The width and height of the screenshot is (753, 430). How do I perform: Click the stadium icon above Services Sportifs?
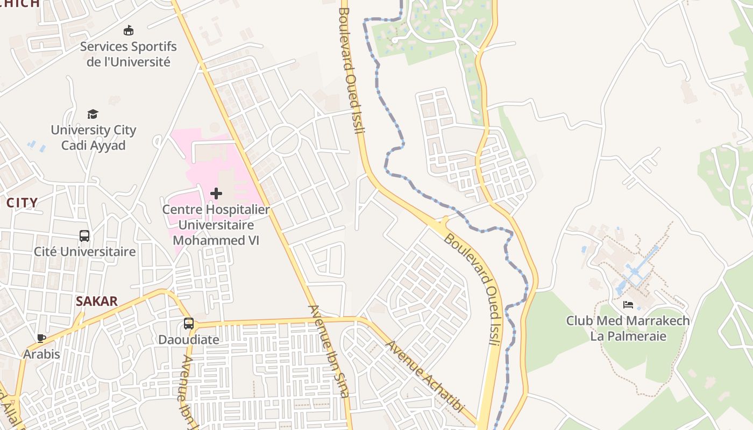pos(128,30)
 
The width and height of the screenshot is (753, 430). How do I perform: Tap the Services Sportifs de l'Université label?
pos(128,54)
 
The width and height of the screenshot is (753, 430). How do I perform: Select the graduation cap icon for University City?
pos(93,114)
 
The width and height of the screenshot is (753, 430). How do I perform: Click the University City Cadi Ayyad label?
pos(93,138)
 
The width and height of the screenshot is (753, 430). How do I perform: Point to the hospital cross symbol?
pos(216,193)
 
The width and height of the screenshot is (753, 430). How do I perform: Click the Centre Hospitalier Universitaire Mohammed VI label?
pos(216,225)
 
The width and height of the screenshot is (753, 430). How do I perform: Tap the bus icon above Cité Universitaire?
pos(84,236)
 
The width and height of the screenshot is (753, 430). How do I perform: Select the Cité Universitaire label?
pos(84,252)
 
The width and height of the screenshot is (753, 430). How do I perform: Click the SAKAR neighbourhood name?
pos(97,301)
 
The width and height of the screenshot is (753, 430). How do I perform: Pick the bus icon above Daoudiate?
pos(188,324)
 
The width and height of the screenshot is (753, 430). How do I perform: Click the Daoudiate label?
pos(188,340)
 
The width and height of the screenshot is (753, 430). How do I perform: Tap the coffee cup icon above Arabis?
pos(41,338)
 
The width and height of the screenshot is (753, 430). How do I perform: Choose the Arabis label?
pos(41,354)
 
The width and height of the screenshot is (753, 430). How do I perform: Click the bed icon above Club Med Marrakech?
pos(628,305)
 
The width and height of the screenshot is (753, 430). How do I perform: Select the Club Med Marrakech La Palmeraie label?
pos(628,328)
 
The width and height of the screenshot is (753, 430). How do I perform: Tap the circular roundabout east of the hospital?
pos(284,139)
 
